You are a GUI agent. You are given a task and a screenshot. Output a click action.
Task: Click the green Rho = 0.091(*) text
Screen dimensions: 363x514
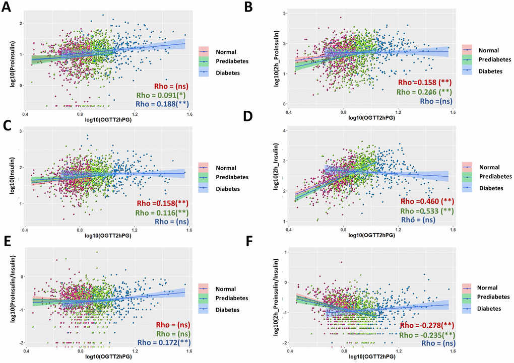pos(161,95)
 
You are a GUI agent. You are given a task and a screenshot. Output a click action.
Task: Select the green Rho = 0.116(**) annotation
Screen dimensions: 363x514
pos(161,212)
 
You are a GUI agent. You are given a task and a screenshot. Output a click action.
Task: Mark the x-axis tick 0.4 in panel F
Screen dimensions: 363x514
pos(289,351)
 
